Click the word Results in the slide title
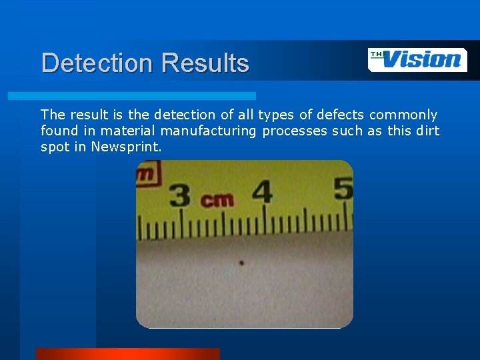(x=205, y=63)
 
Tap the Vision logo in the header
(x=417, y=59)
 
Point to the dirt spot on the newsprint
(x=241, y=263)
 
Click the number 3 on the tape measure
(x=181, y=195)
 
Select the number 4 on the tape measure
(x=262, y=192)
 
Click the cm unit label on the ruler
(x=217, y=199)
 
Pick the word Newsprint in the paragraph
(x=126, y=147)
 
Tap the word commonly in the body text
(x=403, y=115)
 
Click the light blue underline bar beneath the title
(x=132, y=96)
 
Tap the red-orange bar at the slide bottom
(x=127, y=353)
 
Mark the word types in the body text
(x=275, y=115)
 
